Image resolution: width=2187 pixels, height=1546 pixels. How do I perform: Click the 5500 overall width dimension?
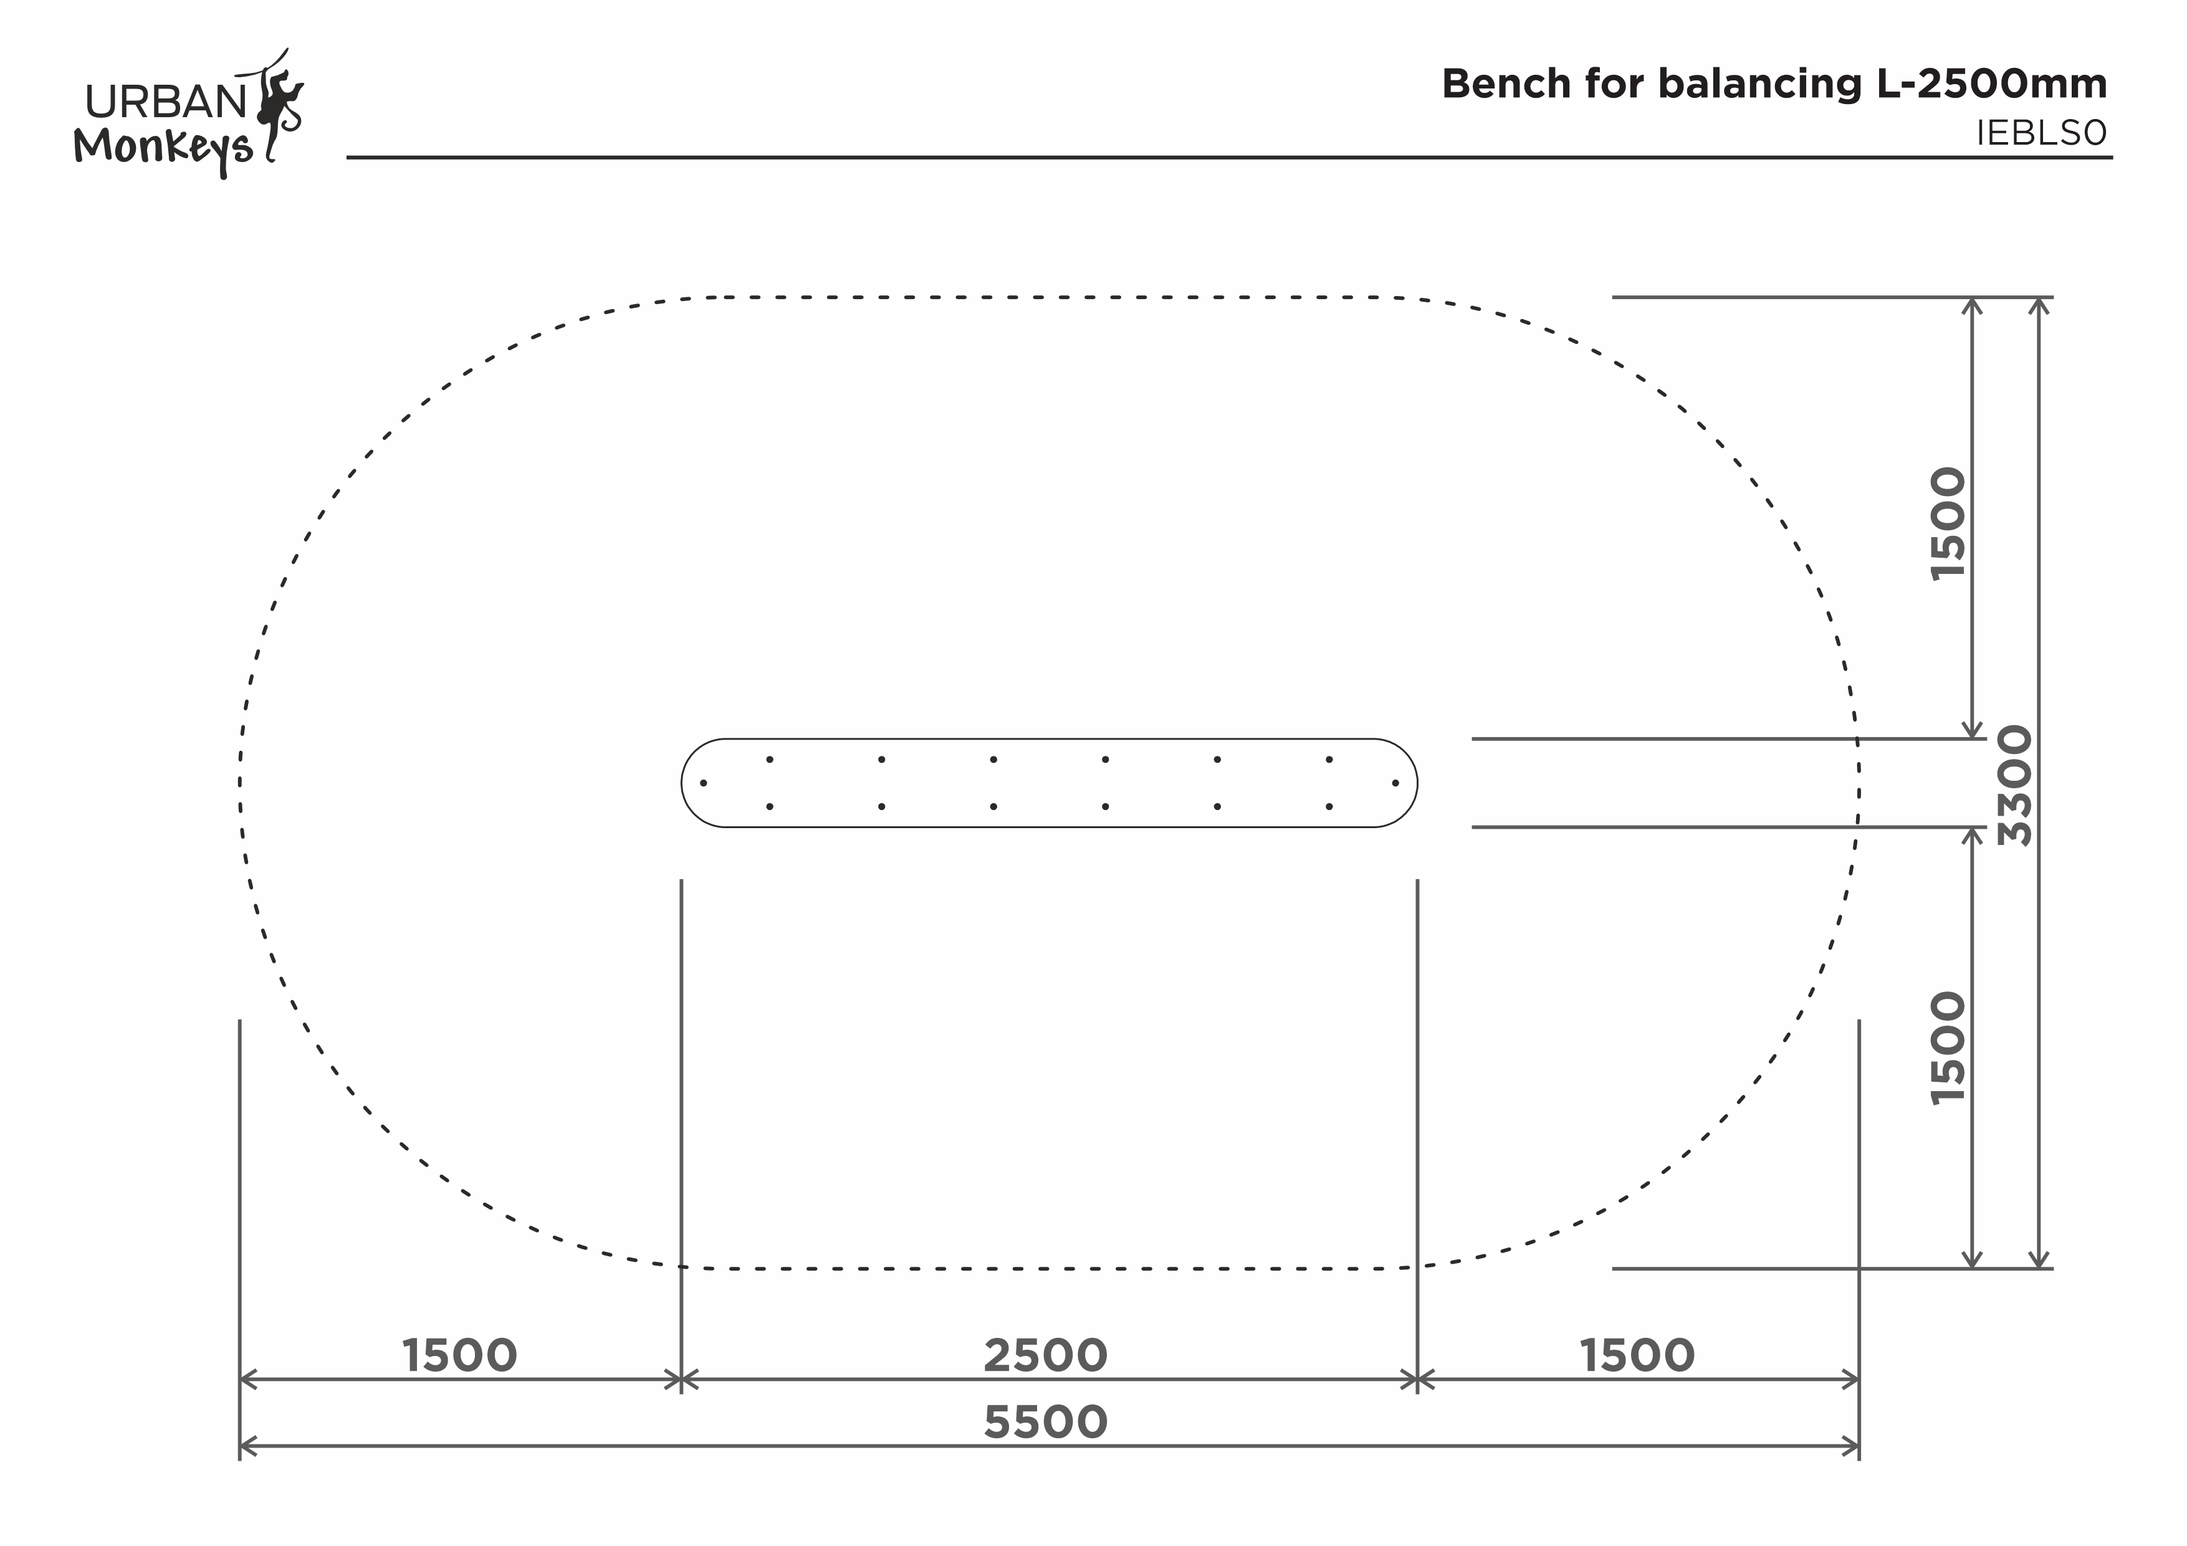[1045, 1422]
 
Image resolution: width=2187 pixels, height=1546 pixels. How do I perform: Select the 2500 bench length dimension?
[1045, 1355]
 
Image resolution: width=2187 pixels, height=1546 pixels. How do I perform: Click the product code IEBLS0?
[2041, 133]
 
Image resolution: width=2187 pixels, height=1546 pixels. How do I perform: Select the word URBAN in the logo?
[166, 102]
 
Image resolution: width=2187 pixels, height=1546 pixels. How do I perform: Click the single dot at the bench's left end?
[703, 783]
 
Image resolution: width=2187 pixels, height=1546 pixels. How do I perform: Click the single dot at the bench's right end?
[1395, 783]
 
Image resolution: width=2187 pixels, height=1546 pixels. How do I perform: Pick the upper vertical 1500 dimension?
[1948, 522]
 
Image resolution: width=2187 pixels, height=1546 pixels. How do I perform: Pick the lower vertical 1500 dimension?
[1948, 1048]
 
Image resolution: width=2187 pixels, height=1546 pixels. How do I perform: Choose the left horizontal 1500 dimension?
[459, 1355]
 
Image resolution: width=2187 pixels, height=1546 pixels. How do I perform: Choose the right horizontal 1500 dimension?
[1637, 1355]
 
